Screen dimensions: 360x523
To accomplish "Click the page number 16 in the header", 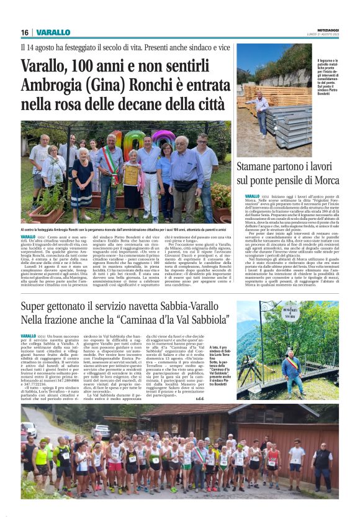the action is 25,32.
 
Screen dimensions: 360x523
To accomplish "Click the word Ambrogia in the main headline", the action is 49,86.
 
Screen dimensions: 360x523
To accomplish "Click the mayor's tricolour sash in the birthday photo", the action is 111,163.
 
